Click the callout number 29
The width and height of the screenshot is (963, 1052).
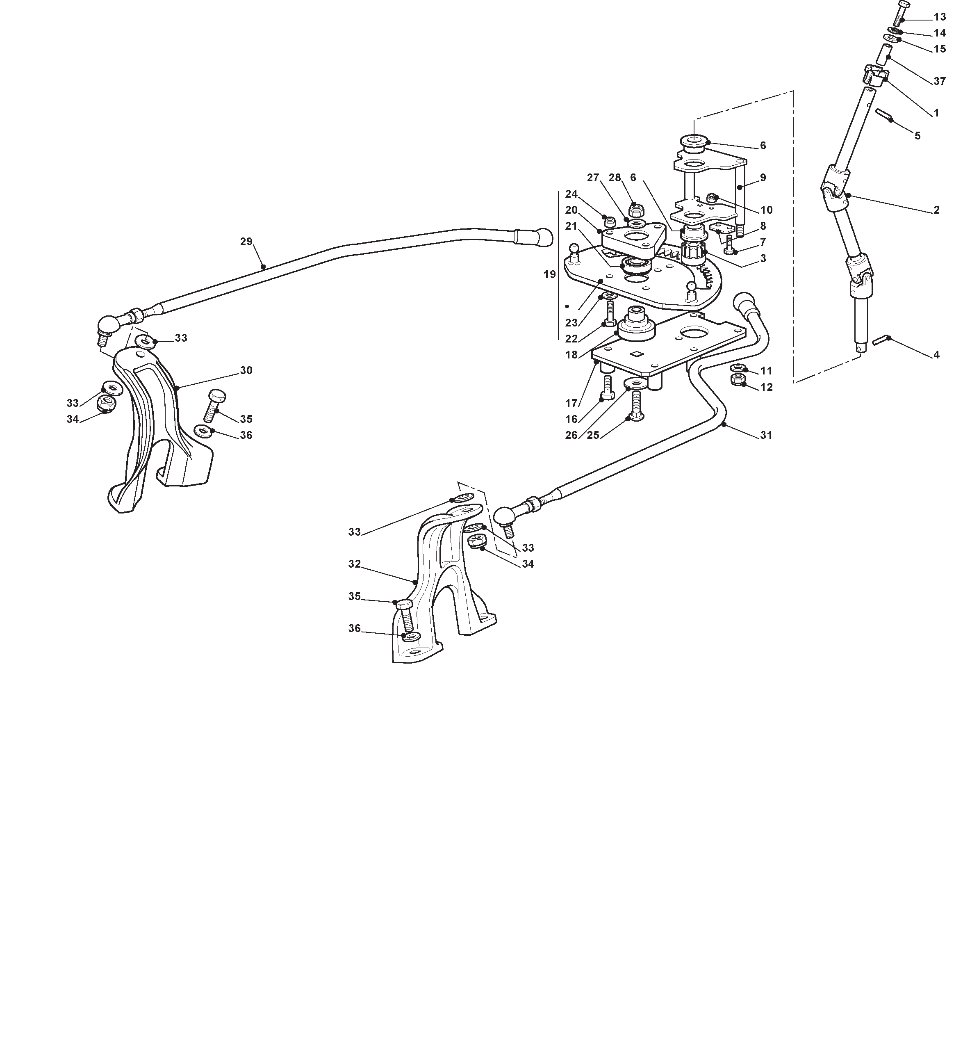(x=246, y=242)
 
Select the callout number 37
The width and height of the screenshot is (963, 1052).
(x=940, y=81)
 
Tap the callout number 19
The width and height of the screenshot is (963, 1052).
(x=549, y=274)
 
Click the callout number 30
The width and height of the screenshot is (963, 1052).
(x=246, y=370)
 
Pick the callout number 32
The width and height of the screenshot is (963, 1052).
(x=355, y=564)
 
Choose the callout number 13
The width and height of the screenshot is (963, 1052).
(x=940, y=17)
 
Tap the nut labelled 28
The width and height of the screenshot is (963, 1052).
(x=635, y=210)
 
